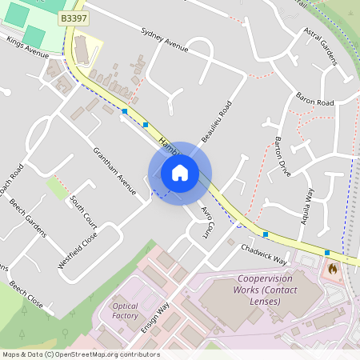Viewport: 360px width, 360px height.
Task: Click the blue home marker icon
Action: (180, 173)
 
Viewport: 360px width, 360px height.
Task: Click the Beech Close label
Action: (26, 294)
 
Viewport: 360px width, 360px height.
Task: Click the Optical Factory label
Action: (125, 311)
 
